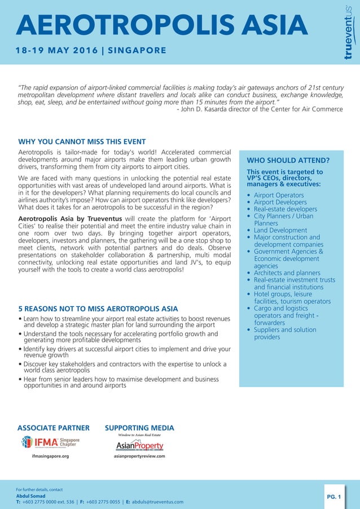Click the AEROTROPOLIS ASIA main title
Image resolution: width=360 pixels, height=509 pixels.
click(x=163, y=25)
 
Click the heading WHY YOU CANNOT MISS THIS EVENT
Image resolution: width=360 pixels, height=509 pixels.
click(x=82, y=142)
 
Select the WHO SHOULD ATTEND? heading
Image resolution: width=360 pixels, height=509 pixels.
click(x=288, y=160)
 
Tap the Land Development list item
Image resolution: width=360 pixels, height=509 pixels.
click(x=280, y=230)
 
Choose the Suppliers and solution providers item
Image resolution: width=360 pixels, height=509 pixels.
click(x=284, y=334)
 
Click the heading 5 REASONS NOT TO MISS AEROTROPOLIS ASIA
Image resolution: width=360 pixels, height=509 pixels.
click(x=98, y=309)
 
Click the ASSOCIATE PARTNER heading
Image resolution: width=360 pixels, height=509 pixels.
click(x=54, y=428)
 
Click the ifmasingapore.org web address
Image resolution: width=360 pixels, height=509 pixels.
click(x=50, y=455)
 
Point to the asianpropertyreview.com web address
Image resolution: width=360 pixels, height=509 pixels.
click(x=139, y=455)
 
